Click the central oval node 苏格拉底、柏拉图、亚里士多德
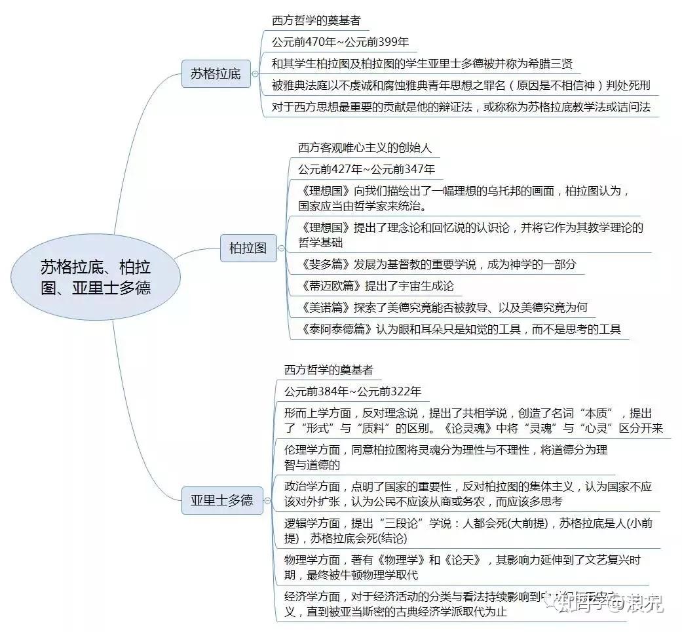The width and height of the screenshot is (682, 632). click(96, 277)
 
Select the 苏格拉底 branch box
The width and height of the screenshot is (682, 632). click(216, 73)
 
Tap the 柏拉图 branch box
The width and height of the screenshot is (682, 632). click(248, 248)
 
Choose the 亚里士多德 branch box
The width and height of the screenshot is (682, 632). click(221, 500)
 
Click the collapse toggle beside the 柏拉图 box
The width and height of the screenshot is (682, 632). click(282, 248)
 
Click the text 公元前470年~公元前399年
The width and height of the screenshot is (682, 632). click(340, 42)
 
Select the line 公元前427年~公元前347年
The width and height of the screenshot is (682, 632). click(366, 169)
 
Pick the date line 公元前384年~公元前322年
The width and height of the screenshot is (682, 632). click(352, 391)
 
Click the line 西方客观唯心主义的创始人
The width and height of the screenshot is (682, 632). click(365, 148)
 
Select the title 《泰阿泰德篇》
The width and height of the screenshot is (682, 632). click(336, 329)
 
